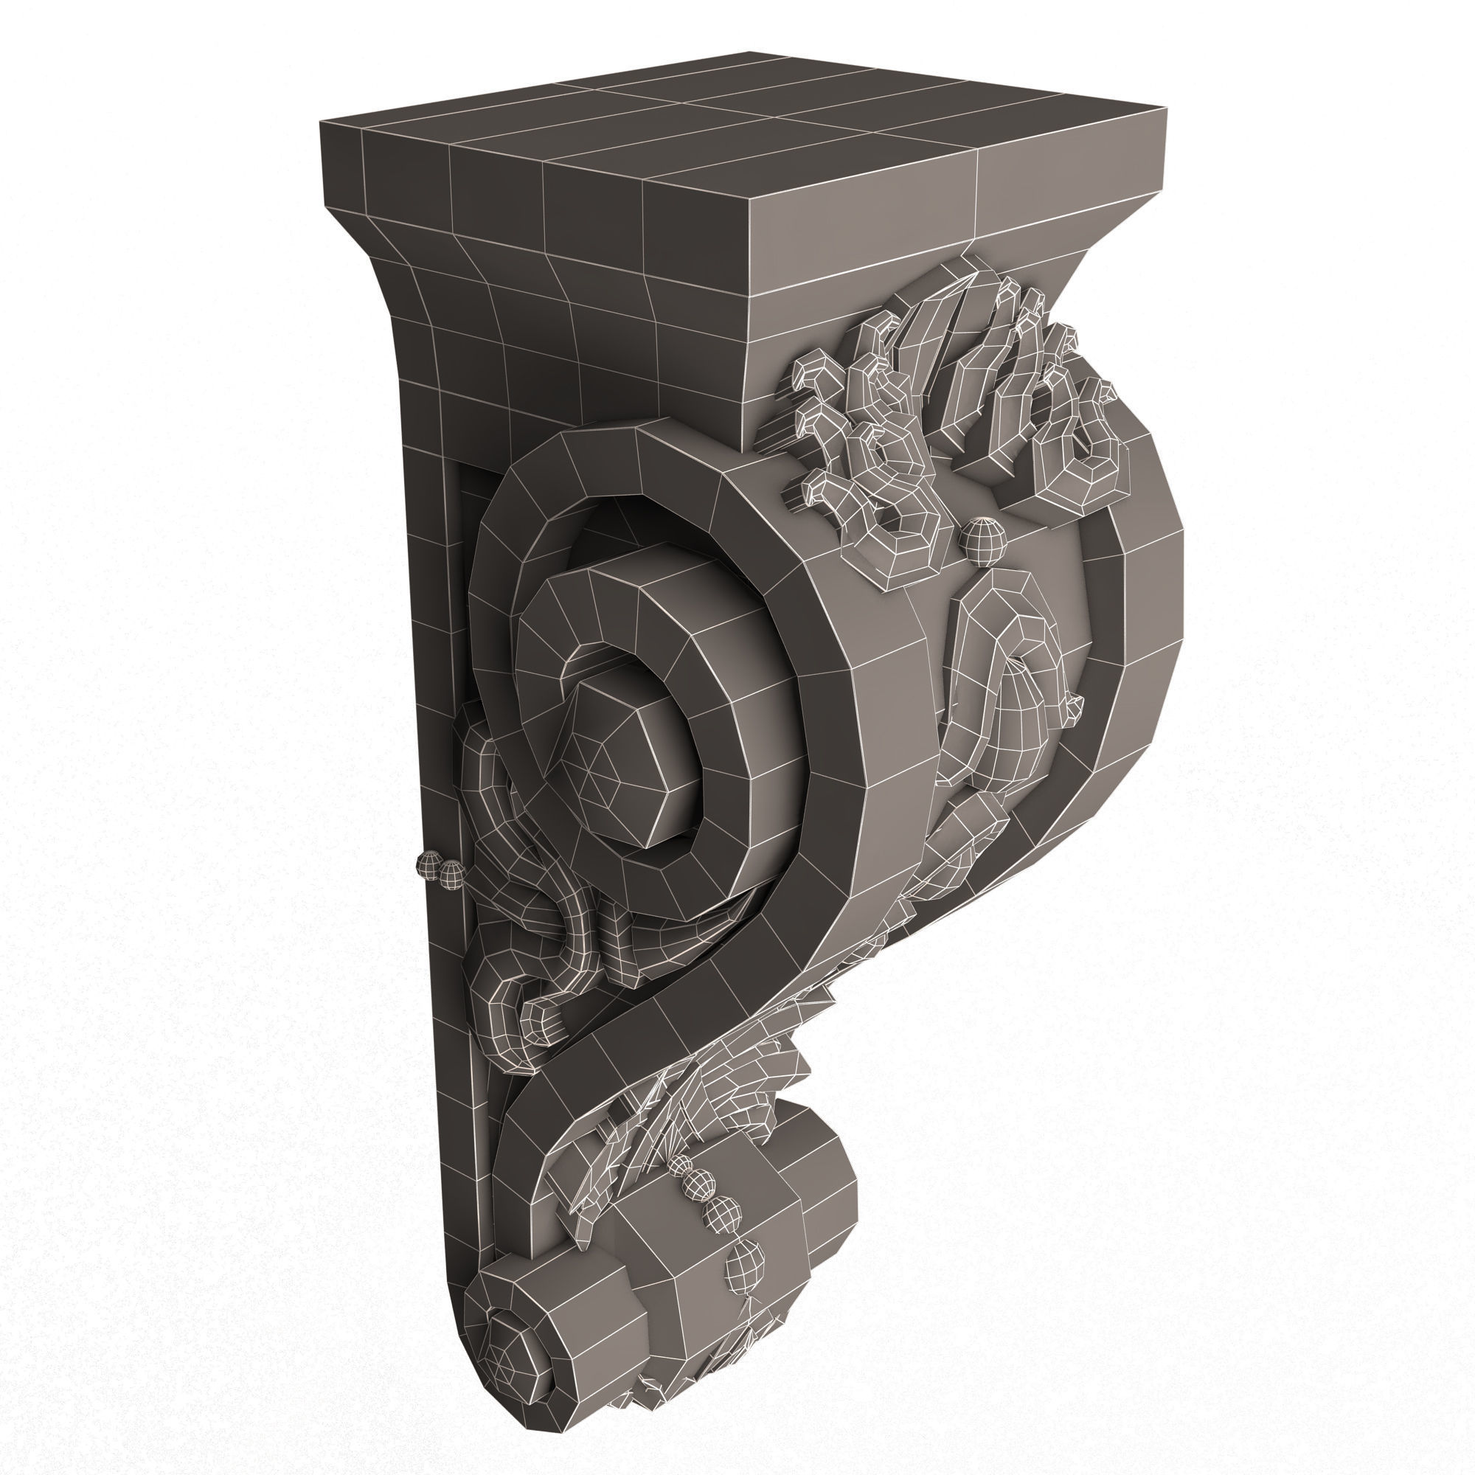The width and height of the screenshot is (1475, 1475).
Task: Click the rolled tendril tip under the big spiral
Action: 544,1021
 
